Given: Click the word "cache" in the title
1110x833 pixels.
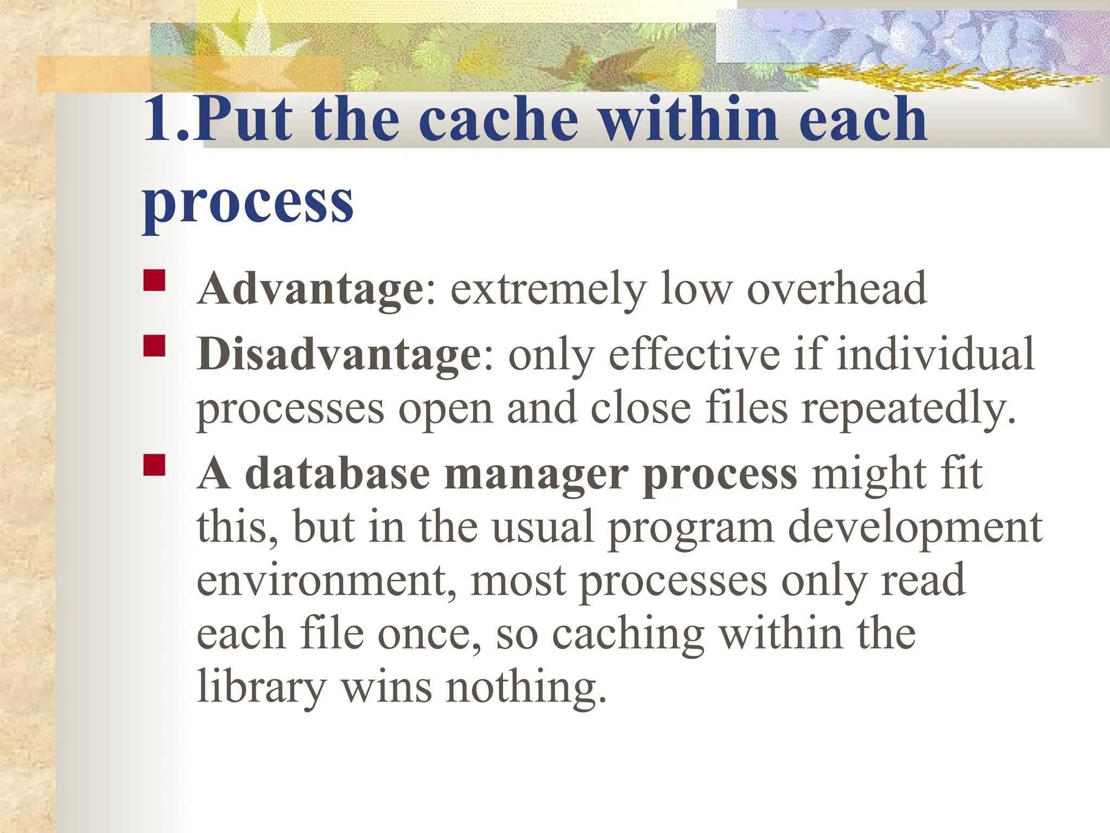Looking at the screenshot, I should pos(498,119).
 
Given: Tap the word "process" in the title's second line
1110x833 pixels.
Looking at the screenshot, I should pos(248,202).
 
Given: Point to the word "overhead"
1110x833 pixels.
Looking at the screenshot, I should pos(837,289).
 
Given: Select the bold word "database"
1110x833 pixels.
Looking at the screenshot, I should pos(337,473).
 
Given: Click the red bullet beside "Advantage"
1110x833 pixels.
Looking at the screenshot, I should pos(154,280).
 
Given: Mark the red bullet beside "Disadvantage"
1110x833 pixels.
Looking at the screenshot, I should pos(154,346).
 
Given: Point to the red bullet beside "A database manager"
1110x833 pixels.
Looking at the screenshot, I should pos(154,465).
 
